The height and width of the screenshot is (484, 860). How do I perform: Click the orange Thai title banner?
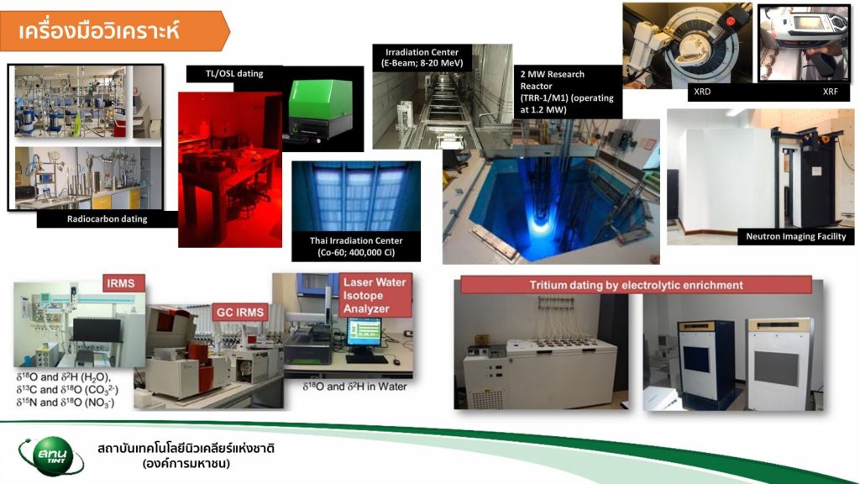coord(114,31)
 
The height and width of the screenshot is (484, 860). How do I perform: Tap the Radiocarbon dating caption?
coord(107,219)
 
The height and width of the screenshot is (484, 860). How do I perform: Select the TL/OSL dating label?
coord(234,74)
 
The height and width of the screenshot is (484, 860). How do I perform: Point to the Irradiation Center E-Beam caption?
coord(422,58)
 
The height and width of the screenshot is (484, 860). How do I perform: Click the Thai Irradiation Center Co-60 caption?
coord(356,246)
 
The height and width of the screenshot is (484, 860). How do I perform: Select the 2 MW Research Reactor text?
coord(567,92)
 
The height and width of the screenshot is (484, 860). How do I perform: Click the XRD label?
coord(702,92)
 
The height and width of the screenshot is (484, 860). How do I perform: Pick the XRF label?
coord(830,92)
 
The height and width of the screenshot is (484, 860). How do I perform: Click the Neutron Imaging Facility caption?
coord(795,236)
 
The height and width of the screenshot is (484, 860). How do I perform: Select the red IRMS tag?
coord(121,283)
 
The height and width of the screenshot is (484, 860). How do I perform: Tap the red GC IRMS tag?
coord(239,313)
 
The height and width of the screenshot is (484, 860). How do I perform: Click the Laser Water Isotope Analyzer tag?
coord(375,295)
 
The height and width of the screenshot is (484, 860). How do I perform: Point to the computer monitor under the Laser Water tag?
coord(364,331)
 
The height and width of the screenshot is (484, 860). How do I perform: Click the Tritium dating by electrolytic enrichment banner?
coord(636,286)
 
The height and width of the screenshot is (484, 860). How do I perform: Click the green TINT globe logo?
coord(51,455)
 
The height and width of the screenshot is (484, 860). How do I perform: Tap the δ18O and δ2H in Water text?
coord(355,387)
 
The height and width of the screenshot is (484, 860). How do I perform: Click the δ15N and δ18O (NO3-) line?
coord(66,402)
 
